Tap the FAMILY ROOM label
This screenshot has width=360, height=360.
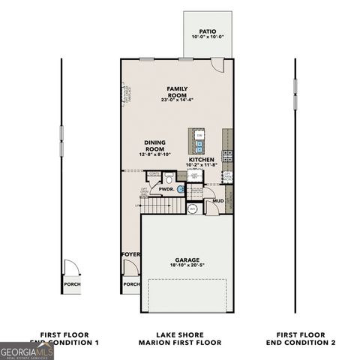pyautogui.click(x=177, y=93)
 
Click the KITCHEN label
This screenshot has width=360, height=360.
pyautogui.click(x=202, y=160)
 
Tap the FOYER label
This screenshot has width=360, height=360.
pyautogui.click(x=130, y=255)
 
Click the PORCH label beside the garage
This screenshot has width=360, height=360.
pyautogui.click(x=130, y=284)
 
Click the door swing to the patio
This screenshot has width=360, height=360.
pyautogui.click(x=217, y=65)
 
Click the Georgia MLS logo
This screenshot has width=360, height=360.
pyautogui.click(x=27, y=350)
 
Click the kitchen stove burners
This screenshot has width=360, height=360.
pyautogui.click(x=227, y=157)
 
